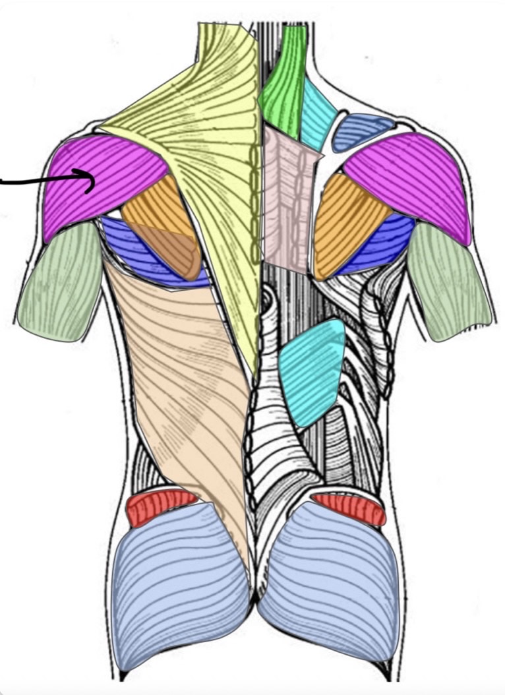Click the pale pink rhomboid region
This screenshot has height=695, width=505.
point(287,198)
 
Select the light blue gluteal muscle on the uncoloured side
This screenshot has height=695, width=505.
point(330,580)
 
